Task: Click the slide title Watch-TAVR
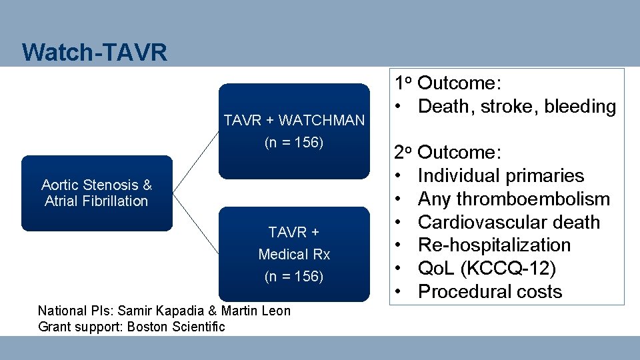click(x=94, y=52)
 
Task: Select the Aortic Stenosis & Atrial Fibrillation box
click(x=97, y=193)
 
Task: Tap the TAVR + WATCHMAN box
click(x=294, y=131)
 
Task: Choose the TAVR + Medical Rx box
click(x=294, y=254)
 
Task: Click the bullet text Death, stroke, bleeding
click(x=517, y=106)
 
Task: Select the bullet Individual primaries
click(x=501, y=176)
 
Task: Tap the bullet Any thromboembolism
click(x=513, y=199)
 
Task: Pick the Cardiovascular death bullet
click(x=509, y=222)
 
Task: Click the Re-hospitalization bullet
click(x=494, y=245)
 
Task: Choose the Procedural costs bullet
click(x=490, y=292)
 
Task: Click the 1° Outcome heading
click(x=447, y=83)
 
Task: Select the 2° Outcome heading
click(x=447, y=153)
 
